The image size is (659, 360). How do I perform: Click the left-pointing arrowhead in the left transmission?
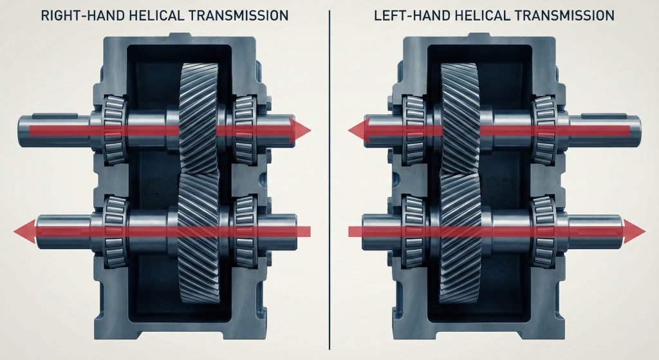[24, 231]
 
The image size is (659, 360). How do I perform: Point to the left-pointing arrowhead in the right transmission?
[358, 130]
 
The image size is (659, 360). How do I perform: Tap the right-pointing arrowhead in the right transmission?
[635, 231]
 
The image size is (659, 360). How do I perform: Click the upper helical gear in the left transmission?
[199, 118]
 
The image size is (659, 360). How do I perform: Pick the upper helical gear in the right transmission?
[459, 118]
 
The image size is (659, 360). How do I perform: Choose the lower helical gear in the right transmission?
[461, 238]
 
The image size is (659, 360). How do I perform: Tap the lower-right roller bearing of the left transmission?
[245, 231]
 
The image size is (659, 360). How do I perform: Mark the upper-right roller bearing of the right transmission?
[545, 130]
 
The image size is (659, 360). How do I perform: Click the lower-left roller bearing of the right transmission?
[414, 231]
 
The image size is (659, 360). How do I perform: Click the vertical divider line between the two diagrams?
[329, 180]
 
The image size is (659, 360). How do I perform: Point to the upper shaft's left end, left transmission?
[19, 130]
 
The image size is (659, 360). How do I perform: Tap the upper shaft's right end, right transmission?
[639, 130]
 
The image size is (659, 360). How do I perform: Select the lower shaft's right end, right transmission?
[621, 231]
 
